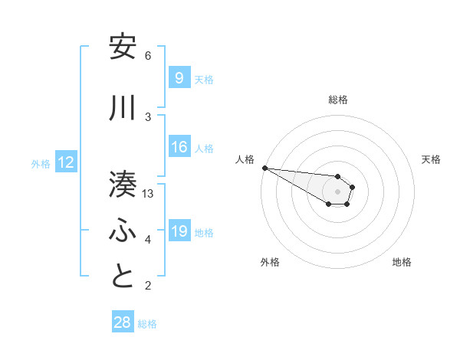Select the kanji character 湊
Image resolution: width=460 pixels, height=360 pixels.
coord(123,184)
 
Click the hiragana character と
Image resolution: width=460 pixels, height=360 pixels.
coord(123,276)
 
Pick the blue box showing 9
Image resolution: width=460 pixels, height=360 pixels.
coord(179,77)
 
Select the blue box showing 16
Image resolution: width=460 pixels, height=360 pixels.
coord(179,148)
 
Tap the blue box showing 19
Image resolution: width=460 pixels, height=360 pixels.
coord(179,231)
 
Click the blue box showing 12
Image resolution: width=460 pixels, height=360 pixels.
coord(65,162)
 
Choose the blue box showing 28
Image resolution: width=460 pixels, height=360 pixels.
coord(123,322)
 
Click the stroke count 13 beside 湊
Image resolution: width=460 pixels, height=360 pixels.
coord(149,194)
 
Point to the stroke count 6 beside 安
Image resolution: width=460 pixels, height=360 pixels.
coord(148,56)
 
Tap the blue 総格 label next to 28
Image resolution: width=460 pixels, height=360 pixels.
coord(147,324)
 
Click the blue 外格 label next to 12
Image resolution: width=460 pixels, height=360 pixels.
coord(41,163)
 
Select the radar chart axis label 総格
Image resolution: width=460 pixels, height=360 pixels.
coord(338,100)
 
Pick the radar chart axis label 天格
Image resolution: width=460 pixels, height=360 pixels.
coord(431,159)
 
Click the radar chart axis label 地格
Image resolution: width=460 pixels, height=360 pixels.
coord(402,262)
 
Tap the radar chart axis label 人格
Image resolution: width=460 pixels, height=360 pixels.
coord(245,159)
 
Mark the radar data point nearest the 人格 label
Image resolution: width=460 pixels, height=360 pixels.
coord(264,168)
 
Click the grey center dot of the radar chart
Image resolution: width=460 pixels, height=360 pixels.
coord(337,191)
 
